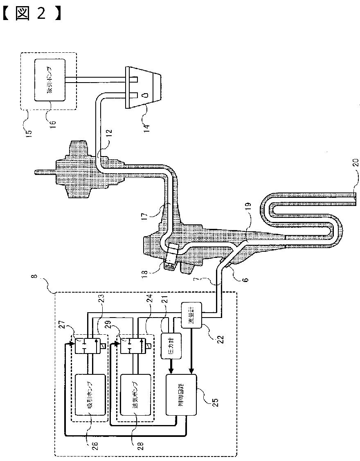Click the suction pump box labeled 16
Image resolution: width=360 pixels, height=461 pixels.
[x=50, y=81]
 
